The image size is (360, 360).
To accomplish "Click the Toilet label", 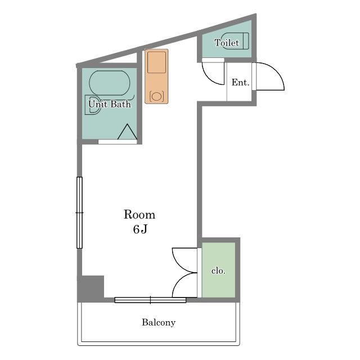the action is pos(227,43).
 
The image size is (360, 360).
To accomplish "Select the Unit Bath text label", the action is pos(110,104).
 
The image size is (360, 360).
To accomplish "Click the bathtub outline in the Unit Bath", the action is pos(110,83).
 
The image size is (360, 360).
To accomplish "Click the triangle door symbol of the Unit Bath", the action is pos(127,132).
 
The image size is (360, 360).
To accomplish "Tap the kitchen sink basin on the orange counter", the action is pos(156,62).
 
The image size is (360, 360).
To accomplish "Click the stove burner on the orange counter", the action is pos(156,96).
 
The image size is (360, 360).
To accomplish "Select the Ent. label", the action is pos(240,83).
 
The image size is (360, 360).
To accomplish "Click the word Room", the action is pos(139,215).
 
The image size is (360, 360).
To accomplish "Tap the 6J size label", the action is pos(140,229).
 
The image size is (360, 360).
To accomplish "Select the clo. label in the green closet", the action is pos(218,271).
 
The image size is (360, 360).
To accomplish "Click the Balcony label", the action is pos(159,322).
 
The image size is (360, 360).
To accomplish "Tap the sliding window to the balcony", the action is pos(150,300).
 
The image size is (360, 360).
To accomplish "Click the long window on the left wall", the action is pos(79,213).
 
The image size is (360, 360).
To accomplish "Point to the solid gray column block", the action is pos(91,288).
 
